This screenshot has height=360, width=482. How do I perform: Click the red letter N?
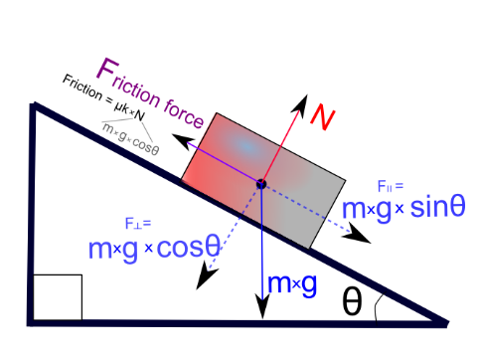[320, 117]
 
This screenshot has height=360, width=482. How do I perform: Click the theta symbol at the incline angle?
[352, 301]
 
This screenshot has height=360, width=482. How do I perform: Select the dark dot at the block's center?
[261, 184]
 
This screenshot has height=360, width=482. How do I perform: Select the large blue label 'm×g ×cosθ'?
[153, 249]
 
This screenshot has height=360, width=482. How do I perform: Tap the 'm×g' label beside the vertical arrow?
[292, 283]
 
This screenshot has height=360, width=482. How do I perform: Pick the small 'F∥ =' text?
[391, 186]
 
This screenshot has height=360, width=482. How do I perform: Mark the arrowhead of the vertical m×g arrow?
[261, 309]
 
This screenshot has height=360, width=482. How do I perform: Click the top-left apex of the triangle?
[34, 104]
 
